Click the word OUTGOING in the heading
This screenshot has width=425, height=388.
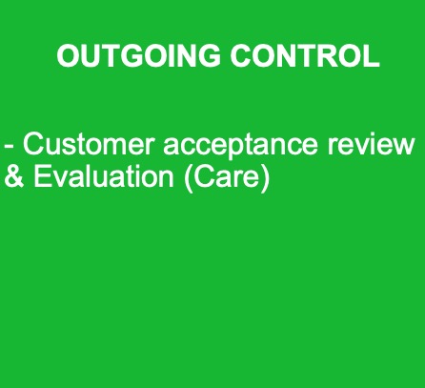point(138,55)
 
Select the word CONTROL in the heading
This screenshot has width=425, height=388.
point(305,55)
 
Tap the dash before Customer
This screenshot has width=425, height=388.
point(9,148)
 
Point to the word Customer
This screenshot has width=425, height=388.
point(89,144)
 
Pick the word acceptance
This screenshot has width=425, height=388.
point(240,147)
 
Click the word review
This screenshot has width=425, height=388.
point(371,144)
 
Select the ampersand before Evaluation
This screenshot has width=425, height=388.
point(14,175)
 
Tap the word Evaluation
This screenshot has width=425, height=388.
point(104,175)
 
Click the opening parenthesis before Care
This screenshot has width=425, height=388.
point(188,178)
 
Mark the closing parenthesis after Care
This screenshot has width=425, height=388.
point(265,178)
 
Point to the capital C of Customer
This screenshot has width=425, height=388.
point(33,144)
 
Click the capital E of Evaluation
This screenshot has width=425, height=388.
point(42,175)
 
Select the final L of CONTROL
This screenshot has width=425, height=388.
point(371,55)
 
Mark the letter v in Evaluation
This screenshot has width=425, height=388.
point(59,178)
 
